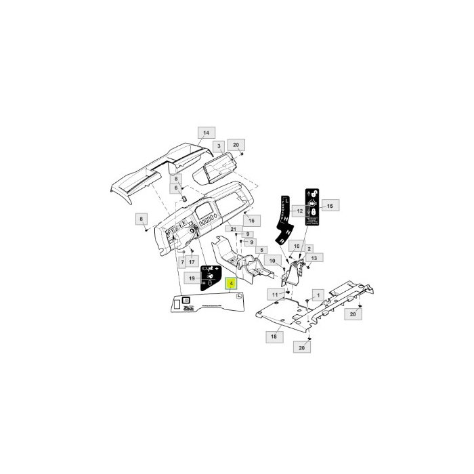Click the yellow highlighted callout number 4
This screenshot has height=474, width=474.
point(232,284)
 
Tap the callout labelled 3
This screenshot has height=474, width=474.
point(218,146)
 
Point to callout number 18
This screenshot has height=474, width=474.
point(274,337)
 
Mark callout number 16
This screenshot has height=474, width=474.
point(251,221)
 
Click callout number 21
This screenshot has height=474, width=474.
point(234,231)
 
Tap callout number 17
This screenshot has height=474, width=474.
point(192,261)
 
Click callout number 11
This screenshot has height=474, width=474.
point(275,295)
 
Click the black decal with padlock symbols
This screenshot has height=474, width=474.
point(313,207)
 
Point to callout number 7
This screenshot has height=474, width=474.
point(182,261)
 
